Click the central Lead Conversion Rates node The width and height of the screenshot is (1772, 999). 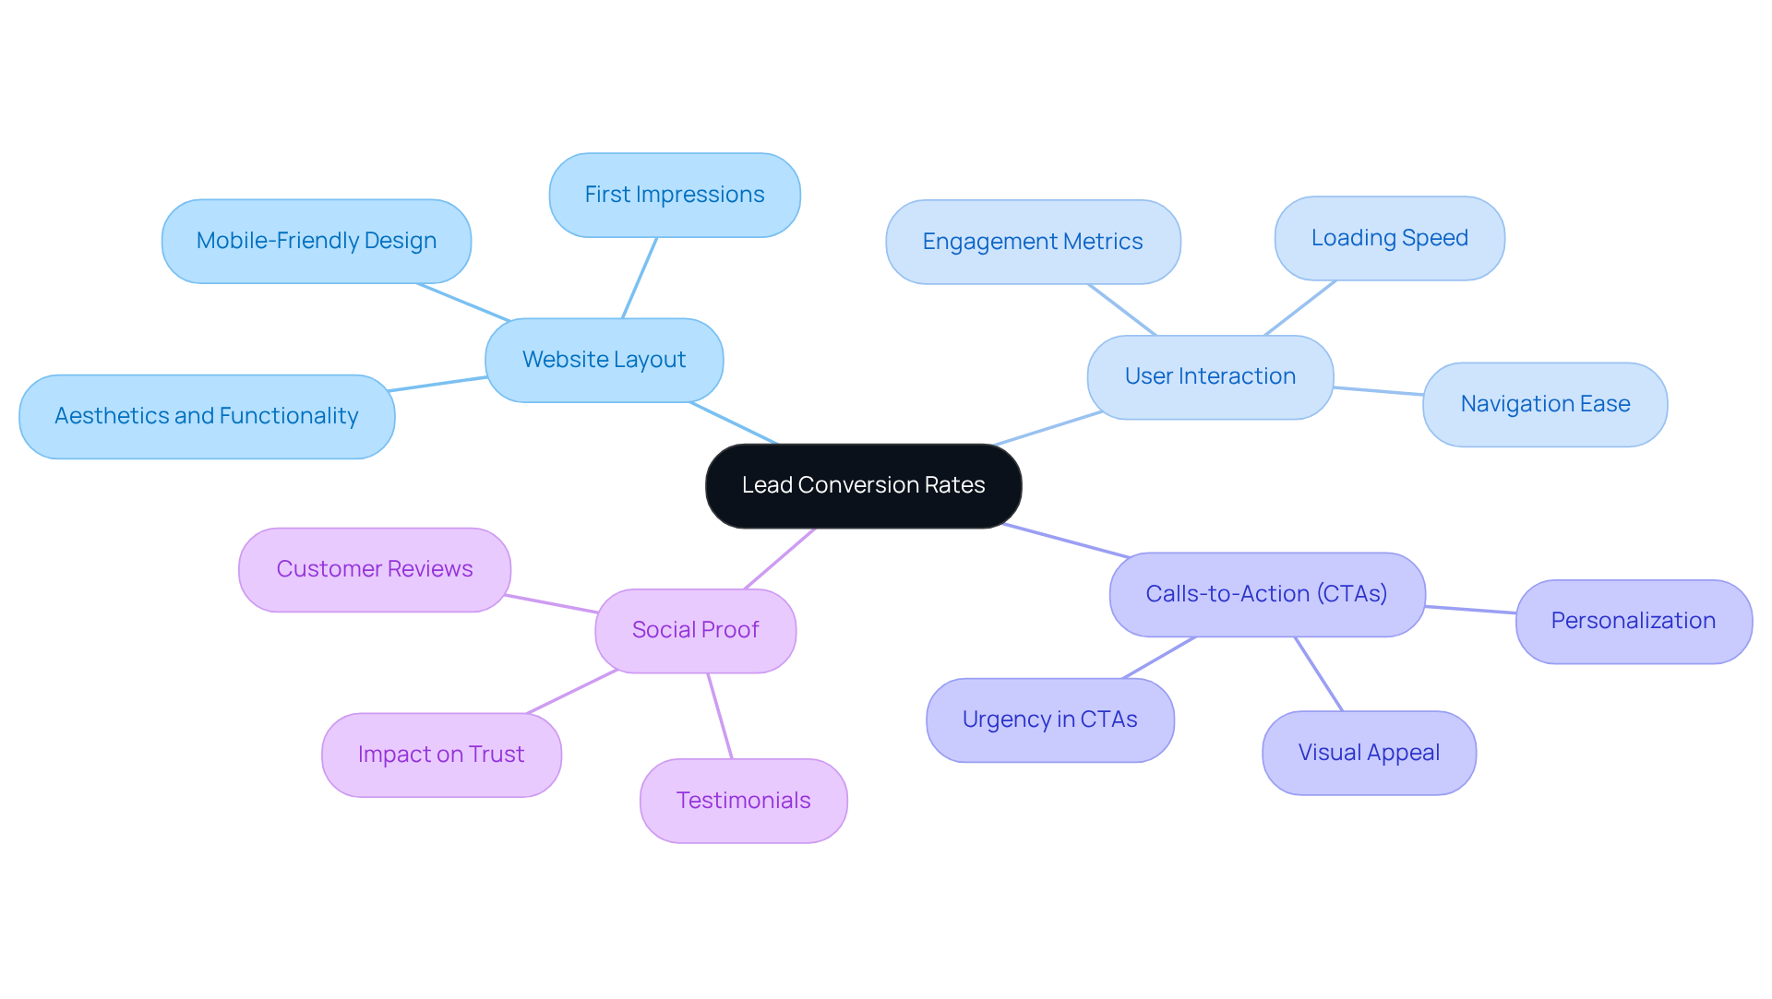863,485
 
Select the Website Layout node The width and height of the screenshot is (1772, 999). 604,360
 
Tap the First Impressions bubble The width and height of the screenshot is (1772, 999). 674,195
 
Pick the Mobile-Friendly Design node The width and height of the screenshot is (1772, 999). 316,241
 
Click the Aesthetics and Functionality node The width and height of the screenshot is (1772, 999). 206,416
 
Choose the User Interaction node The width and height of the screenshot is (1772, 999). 1209,376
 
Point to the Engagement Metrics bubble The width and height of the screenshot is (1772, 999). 1032,242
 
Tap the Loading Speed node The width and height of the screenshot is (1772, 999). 1389,238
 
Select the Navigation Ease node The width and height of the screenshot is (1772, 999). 1544,404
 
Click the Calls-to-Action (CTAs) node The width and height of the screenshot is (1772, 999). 1266,594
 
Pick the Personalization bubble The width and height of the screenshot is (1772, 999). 1633,621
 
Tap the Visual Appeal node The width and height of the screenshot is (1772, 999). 1368,753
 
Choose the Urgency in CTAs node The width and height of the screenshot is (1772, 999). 1049,720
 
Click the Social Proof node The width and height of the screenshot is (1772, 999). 695,630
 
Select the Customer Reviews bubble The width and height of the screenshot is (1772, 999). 374,569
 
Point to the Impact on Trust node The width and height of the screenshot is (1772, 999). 440,755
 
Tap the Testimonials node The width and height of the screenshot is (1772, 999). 743,801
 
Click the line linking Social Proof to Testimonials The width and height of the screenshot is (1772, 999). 720,716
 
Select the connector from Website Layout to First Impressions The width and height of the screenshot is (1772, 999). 640,278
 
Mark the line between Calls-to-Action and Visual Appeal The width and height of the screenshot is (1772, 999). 1319,673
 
